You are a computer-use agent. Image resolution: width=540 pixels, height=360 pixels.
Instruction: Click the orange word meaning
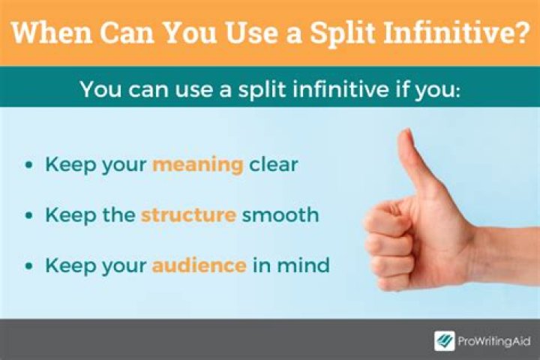click(198, 165)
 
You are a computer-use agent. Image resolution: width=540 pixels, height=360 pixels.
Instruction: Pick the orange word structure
click(187, 215)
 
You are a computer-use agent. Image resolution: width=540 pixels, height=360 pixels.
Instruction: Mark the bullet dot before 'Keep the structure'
click(28, 216)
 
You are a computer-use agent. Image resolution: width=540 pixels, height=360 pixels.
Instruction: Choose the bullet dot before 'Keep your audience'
click(28, 265)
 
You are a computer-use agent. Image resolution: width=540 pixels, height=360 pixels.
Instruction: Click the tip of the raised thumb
click(406, 136)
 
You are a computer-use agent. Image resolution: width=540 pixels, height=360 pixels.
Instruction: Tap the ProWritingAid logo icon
click(445, 341)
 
